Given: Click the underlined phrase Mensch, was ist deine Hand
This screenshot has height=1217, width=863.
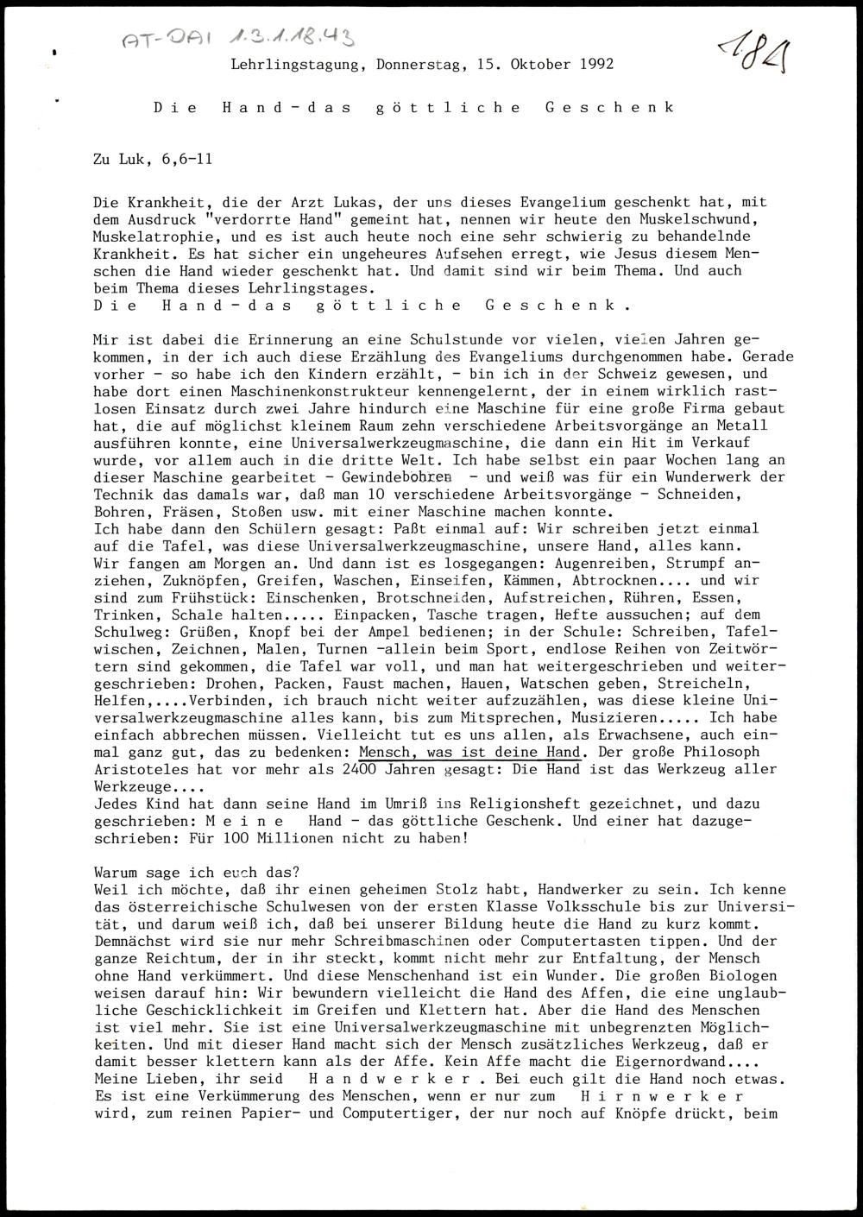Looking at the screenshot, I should point(469,752).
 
